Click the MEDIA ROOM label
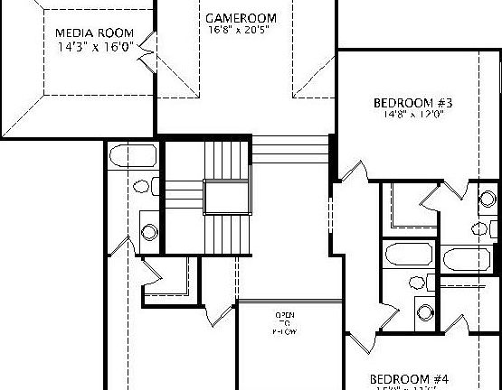[90, 33]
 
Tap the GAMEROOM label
[241, 18]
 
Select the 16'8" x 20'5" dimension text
[241, 30]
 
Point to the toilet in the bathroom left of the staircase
[143, 189]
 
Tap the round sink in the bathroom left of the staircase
[149, 231]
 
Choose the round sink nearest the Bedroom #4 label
[424, 312]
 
